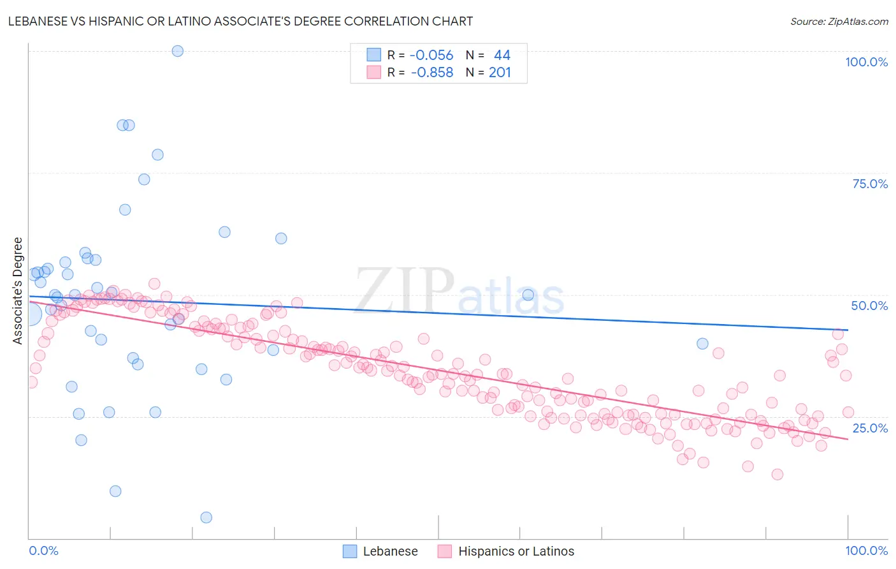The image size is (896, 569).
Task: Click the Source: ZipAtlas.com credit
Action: click(839, 22)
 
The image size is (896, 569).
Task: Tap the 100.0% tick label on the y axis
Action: click(866, 62)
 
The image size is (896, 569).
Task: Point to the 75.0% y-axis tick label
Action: click(870, 184)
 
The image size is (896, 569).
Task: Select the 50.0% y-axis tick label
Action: click(869, 306)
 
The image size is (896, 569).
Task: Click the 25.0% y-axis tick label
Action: click(870, 427)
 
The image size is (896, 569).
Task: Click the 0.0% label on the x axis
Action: click(43, 551)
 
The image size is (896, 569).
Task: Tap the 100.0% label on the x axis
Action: click(866, 551)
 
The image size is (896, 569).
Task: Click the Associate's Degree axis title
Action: click(18, 291)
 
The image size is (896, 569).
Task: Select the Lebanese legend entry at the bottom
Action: click(380, 551)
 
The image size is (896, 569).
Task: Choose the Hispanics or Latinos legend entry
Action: click(506, 551)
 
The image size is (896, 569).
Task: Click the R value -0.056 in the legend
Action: click(431, 55)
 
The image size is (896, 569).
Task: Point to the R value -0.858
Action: click(431, 72)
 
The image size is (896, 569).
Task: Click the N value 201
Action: click(500, 72)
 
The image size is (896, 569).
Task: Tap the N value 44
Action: click(502, 55)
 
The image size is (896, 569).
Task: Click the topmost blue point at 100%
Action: click(178, 51)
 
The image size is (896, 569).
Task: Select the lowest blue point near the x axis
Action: click(206, 517)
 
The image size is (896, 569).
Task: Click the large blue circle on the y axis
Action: click(29, 314)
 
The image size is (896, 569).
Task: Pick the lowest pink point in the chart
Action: click(777, 474)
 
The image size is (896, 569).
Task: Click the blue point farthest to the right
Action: click(702, 343)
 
